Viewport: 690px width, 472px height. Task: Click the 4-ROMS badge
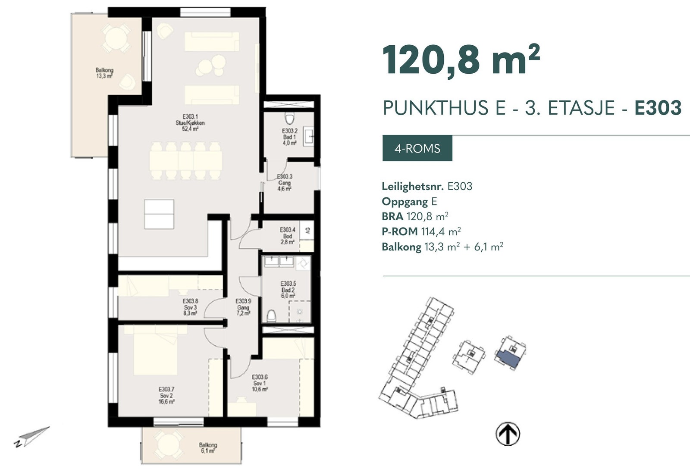(417, 149)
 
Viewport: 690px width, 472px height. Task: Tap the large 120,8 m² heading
(461, 60)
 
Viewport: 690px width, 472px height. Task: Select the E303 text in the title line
(658, 108)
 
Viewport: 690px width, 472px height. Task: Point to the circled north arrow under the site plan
(508, 433)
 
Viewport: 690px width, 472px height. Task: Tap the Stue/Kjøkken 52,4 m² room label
(190, 123)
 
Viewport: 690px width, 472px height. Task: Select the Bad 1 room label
(289, 137)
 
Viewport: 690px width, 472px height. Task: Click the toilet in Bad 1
(289, 118)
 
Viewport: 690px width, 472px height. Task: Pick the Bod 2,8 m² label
(287, 236)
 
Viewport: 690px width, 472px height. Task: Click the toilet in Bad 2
(271, 316)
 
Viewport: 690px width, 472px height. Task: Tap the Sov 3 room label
(190, 307)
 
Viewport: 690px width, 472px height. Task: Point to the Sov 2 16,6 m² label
(166, 396)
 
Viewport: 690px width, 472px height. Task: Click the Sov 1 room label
(260, 383)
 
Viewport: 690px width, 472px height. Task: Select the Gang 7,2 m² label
(243, 307)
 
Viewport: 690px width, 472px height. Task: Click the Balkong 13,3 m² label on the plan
(104, 73)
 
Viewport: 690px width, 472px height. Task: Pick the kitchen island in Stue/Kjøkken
(159, 214)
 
